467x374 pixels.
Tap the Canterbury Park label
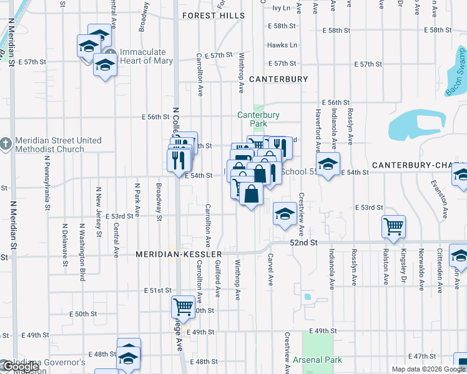[258, 119]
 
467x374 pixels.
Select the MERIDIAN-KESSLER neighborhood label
[179, 255]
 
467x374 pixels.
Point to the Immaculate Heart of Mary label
[143, 56]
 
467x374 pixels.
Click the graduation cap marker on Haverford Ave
[327, 164]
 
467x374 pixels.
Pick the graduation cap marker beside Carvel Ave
[285, 214]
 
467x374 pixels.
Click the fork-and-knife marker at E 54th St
[179, 159]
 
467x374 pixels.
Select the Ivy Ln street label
[282, 8]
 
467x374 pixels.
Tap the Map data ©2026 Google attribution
[428, 369]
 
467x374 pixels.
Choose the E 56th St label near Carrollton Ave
[155, 117]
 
